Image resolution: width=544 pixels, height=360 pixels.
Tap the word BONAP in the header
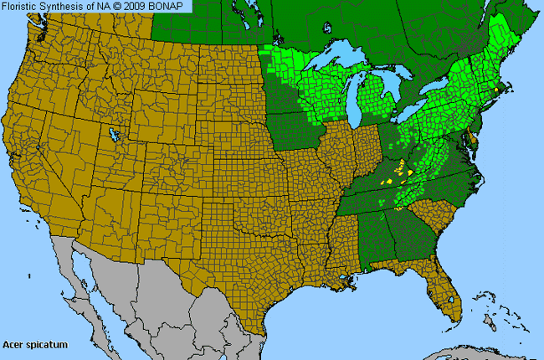point(172,6)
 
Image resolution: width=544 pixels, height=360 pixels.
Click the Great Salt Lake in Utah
point(110,134)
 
